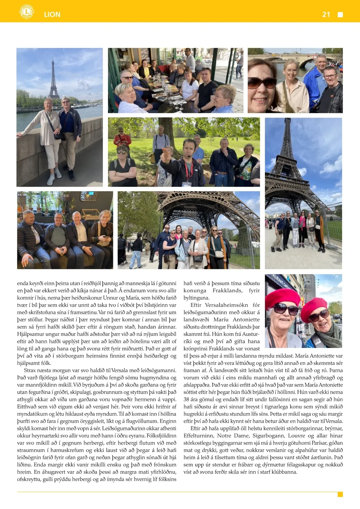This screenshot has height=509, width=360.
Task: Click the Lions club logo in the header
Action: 27,12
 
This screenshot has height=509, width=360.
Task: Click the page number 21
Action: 326,14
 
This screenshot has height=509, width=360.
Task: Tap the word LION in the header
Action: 52,14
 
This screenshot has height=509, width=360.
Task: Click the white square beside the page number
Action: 340,15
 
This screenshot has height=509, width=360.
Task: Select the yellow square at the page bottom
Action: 340,494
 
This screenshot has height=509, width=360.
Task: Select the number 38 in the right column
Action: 186,399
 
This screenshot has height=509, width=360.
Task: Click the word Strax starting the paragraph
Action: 30,370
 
